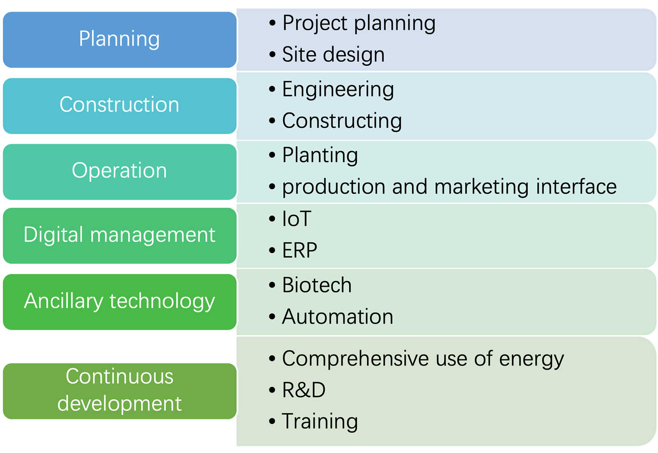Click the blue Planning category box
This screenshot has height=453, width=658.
120,39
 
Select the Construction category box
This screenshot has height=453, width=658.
120,106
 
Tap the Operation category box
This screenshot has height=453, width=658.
120,172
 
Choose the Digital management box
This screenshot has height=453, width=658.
120,236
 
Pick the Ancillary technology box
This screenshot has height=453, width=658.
120,302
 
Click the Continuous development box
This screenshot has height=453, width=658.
120,391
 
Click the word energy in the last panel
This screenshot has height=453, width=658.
531,359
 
